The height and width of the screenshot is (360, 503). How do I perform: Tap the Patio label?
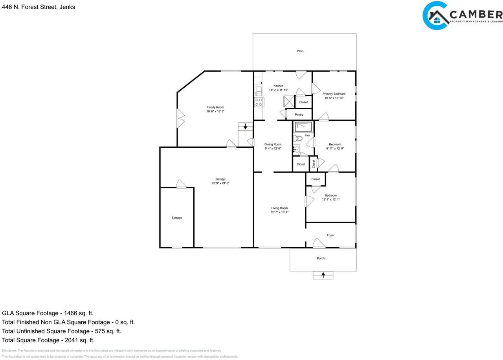coord(300,51)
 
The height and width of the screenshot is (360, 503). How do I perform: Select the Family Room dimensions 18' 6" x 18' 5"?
coord(215,112)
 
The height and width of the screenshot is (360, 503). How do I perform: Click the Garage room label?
coord(220,179)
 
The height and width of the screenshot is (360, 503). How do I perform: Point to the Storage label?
coord(177,218)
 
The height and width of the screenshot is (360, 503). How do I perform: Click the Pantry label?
coord(299,115)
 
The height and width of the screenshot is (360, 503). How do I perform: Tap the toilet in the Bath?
coord(297,138)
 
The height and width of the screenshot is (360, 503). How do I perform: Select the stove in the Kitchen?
coord(259,102)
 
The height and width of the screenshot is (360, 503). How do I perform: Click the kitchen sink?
coord(258,91)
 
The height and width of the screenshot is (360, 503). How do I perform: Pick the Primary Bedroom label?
coord(334,94)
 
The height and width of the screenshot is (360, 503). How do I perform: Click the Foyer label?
coord(331,235)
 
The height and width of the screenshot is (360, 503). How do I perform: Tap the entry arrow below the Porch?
coord(323,275)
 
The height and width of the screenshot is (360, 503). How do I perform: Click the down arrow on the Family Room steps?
coord(245,127)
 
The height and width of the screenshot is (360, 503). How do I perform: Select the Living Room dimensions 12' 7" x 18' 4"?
coord(279,212)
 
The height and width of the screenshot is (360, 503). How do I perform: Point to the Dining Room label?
coord(273,144)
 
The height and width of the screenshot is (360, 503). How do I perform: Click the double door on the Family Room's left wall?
coord(180,118)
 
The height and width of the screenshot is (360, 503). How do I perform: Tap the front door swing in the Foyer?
coord(319,243)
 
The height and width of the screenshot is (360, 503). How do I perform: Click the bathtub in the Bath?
coord(304,127)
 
